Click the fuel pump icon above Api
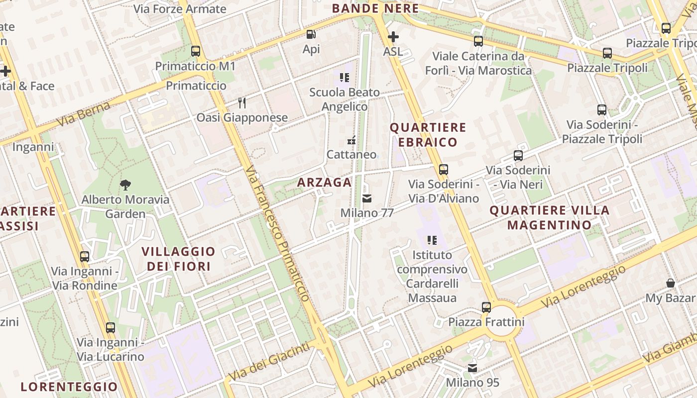click(x=311, y=34)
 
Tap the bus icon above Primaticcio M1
click(x=195, y=51)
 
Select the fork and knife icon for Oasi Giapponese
click(x=242, y=103)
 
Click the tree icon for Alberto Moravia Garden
click(x=125, y=185)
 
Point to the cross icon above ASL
click(x=393, y=37)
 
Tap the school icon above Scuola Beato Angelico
click(x=345, y=78)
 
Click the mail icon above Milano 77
click(x=367, y=199)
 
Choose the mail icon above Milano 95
click(x=472, y=368)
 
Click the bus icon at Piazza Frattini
click(x=486, y=307)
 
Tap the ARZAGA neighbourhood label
click(x=325, y=183)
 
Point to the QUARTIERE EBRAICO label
click(x=428, y=135)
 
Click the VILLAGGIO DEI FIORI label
click(x=179, y=259)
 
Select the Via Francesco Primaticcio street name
click(x=278, y=233)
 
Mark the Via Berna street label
click(x=83, y=114)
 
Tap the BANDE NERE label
click(x=375, y=8)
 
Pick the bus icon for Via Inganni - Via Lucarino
click(x=111, y=328)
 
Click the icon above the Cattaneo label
click(x=351, y=140)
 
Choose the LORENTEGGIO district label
click(x=69, y=387)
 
